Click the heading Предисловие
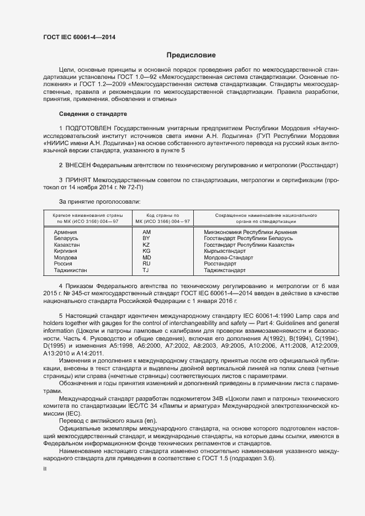click(x=192, y=55)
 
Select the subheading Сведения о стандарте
click(x=93, y=114)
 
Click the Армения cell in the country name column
click(x=65, y=232)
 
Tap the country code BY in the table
click(x=146, y=238)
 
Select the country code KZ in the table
click(x=146, y=244)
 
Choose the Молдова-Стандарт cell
click(x=228, y=257)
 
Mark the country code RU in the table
click(x=146, y=264)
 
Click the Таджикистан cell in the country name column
click(x=70, y=270)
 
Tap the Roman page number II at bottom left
click(x=44, y=468)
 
